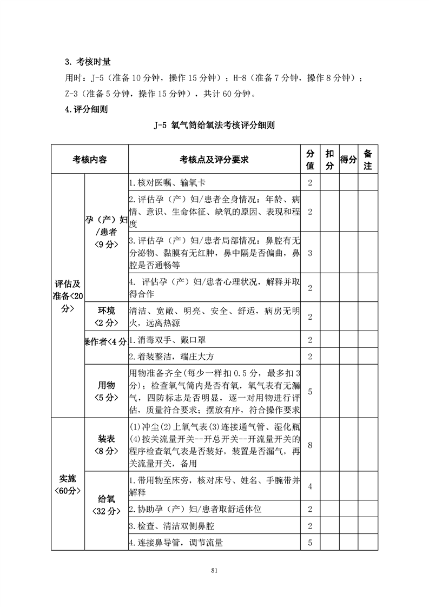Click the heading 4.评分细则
pos(86,109)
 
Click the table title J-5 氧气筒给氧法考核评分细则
pos(214,126)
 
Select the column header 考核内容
pos(89,159)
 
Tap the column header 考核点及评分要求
pos(214,159)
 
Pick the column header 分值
pos(310,159)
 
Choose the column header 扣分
pos(329,159)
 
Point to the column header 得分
pos(348,159)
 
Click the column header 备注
pos(367,159)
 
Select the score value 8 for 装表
pos(310,445)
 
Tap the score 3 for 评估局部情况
pos(310,253)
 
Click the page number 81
pos(214,570)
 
